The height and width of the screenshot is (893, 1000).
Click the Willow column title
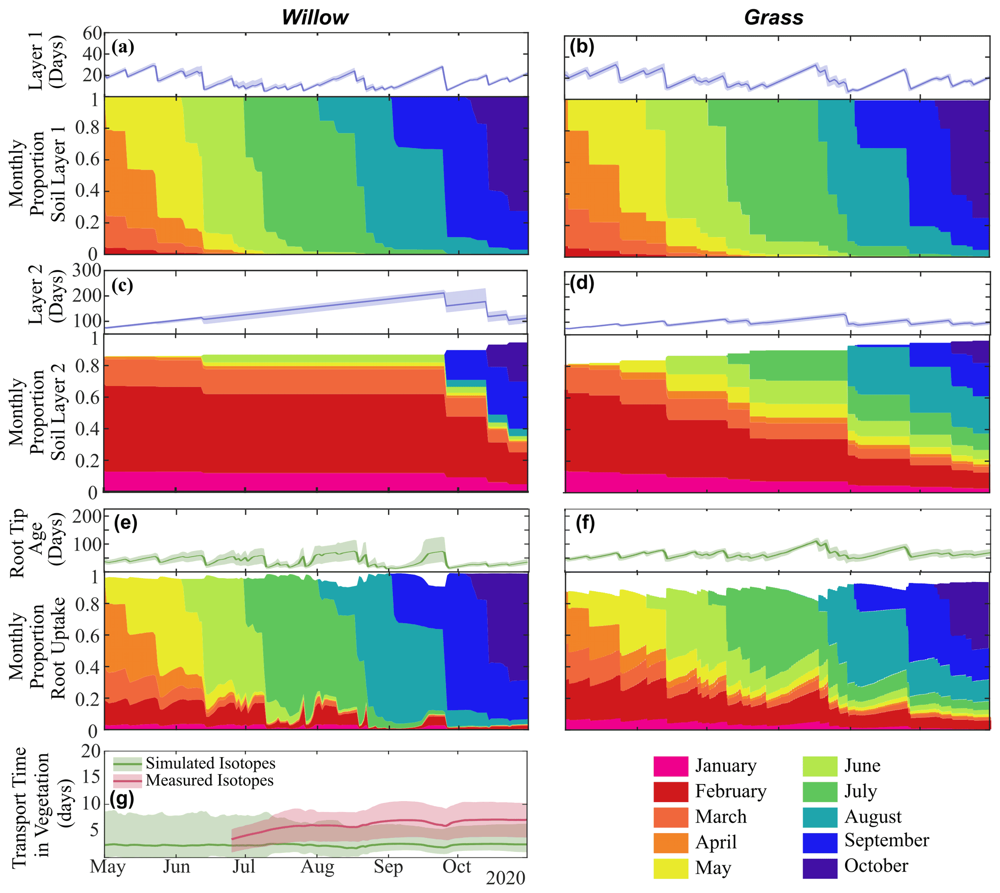[314, 18]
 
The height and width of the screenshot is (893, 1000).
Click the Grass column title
[773, 18]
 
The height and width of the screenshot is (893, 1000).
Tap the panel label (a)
[122, 47]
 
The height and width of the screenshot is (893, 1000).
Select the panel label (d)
[582, 283]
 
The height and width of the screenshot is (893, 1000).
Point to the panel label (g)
[122, 799]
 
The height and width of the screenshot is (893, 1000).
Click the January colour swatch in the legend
[670, 766]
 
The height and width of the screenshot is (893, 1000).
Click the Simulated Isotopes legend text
[210, 763]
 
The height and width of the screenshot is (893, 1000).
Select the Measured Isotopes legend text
[209, 780]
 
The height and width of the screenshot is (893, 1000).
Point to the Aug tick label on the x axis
[317, 867]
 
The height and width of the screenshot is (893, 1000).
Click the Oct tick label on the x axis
[457, 867]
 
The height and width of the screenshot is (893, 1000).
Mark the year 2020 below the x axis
[506, 878]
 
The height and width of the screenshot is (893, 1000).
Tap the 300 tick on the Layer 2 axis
[87, 270]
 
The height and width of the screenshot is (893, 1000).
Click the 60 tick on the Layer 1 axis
[92, 33]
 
